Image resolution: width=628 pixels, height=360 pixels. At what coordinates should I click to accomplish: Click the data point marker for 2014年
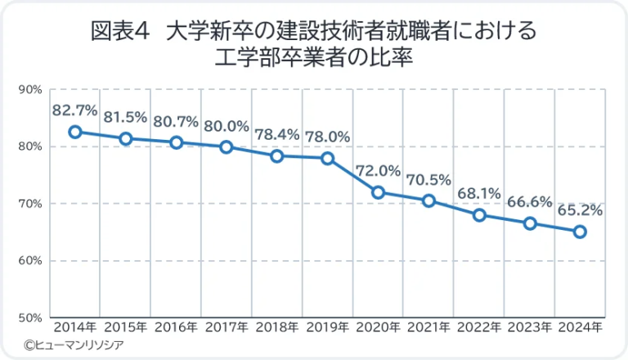pyautogui.click(x=75, y=132)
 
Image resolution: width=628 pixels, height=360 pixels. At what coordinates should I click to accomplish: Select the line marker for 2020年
pyautogui.click(x=378, y=192)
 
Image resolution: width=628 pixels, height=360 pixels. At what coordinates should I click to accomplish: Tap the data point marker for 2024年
pyautogui.click(x=580, y=232)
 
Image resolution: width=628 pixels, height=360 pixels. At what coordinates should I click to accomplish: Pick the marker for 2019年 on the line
pyautogui.click(x=327, y=158)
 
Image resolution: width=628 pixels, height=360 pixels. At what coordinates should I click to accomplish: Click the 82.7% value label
pyautogui.click(x=74, y=110)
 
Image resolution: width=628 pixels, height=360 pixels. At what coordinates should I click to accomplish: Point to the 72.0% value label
pyautogui.click(x=378, y=171)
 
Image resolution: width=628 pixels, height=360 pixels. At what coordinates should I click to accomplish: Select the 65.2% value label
pyautogui.click(x=580, y=209)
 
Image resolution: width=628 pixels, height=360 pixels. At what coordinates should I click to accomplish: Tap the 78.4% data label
pyautogui.click(x=276, y=134)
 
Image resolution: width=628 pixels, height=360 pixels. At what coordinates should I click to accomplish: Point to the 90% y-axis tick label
pyautogui.click(x=29, y=89)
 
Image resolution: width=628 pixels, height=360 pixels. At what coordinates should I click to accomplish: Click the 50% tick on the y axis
pyautogui.click(x=29, y=317)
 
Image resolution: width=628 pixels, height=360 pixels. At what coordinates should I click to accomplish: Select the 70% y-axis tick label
pyautogui.click(x=29, y=203)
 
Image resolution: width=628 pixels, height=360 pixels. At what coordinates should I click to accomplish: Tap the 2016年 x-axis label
pyautogui.click(x=176, y=328)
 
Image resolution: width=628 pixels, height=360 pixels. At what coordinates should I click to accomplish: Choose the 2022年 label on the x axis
pyautogui.click(x=479, y=328)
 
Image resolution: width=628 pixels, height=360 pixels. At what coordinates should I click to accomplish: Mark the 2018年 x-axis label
pyautogui.click(x=276, y=328)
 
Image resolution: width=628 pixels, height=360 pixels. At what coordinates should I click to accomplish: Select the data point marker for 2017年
pyautogui.click(x=227, y=146)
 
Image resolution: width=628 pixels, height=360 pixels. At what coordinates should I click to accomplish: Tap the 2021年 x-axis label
pyautogui.click(x=428, y=328)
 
